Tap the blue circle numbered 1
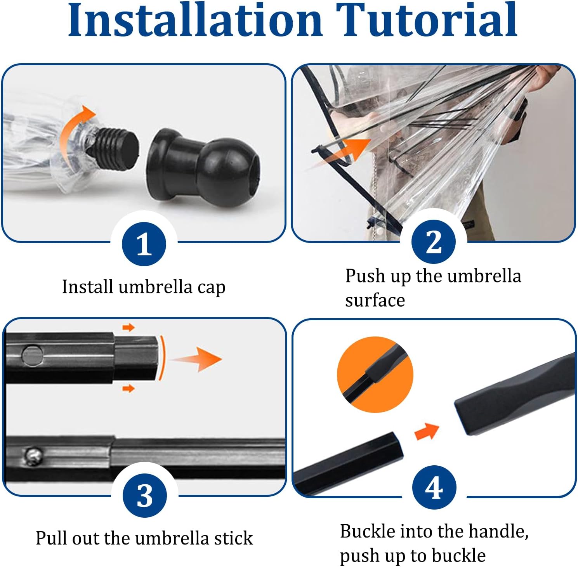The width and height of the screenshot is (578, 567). (144, 244)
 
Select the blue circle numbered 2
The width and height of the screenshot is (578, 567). (434, 241)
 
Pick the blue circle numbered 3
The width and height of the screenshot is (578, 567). (144, 495)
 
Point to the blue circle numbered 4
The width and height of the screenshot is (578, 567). (434, 487)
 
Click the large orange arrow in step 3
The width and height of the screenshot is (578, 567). (198, 359)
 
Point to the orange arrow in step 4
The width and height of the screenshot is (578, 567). (426, 431)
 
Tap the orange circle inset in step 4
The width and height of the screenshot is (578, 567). (375, 375)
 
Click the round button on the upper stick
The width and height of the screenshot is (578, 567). (32, 355)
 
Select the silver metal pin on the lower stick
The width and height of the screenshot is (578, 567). (32, 456)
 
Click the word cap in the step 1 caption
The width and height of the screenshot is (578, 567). (211, 288)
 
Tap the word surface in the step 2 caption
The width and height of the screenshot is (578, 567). (375, 300)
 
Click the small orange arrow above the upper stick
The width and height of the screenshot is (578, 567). (128, 328)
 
